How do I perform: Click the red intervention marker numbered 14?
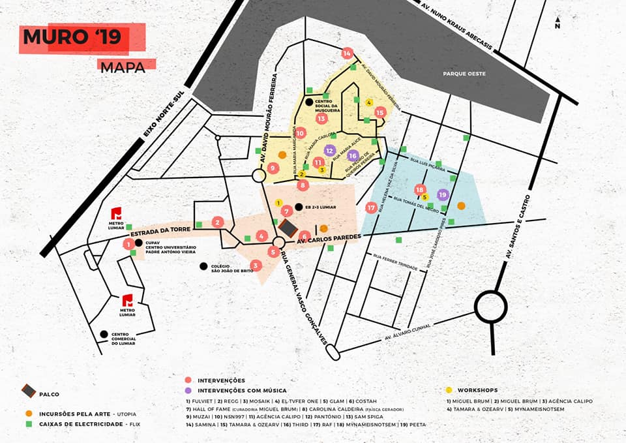pos(347,53)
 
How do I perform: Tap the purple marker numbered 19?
pos(443,194)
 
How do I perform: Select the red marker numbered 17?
pos(372,208)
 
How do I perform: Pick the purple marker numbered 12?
pos(330,151)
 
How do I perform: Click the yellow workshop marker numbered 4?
pos(369,102)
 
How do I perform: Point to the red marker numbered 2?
pos(218,222)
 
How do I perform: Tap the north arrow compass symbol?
pos(558,23)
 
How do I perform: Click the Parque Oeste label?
pos(464,74)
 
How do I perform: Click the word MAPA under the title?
pos(123,66)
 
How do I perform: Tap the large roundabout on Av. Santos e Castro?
pos(490,306)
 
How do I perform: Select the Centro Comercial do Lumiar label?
pos(123,339)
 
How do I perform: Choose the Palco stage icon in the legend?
pos(29,391)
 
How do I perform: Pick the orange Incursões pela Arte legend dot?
pos(29,413)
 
